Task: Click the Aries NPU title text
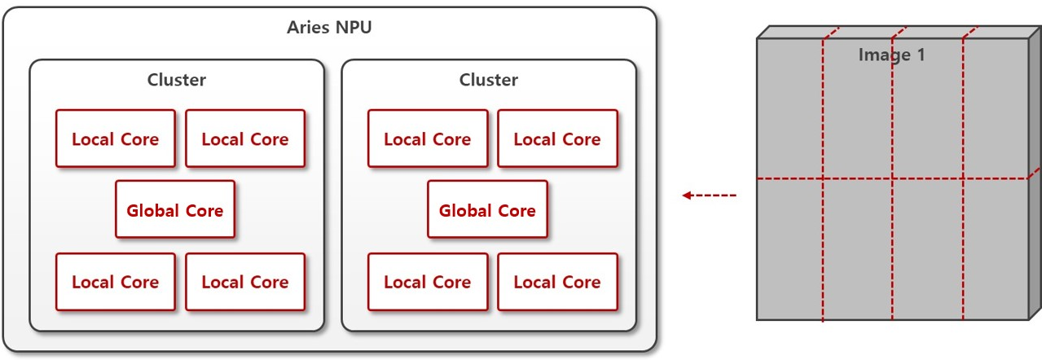click(329, 27)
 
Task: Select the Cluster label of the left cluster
click(176, 80)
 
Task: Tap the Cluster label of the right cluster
click(488, 80)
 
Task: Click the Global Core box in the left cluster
click(174, 210)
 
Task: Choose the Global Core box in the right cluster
click(487, 210)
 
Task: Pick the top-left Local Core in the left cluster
click(115, 138)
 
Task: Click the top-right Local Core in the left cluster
click(245, 138)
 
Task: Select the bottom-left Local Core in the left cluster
click(115, 282)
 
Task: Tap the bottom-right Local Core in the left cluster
click(245, 282)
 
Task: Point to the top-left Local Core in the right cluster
click(428, 138)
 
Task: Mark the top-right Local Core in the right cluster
click(557, 138)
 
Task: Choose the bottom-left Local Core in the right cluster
click(428, 282)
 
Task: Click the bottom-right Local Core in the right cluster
click(557, 282)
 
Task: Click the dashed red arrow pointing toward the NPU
click(709, 195)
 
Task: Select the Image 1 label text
click(891, 55)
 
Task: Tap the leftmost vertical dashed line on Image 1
click(823, 244)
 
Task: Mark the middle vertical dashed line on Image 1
click(892, 244)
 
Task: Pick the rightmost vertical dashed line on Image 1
click(963, 244)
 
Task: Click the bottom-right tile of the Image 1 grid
click(996, 249)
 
